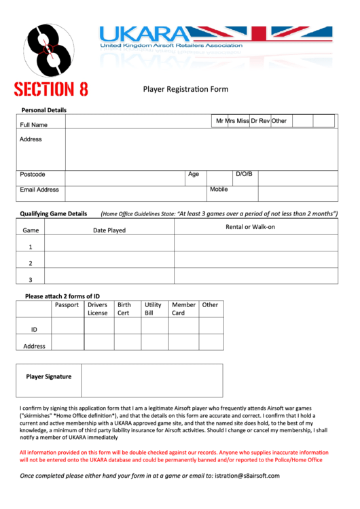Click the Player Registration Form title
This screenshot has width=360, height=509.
click(185, 89)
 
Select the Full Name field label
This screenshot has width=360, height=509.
click(34, 125)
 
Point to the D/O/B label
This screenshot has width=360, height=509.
click(244, 175)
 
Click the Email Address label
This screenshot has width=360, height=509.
click(39, 190)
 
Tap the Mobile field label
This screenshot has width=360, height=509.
click(219, 190)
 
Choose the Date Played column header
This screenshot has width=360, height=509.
click(109, 230)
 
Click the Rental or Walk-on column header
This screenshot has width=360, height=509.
click(250, 227)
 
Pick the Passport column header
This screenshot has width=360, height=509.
click(67, 305)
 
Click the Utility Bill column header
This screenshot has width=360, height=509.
click(153, 309)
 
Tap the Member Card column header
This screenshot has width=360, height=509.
click(183, 309)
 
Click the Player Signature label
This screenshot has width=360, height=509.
click(49, 376)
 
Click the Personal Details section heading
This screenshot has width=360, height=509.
click(44, 110)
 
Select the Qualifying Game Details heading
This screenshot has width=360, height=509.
click(54, 213)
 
